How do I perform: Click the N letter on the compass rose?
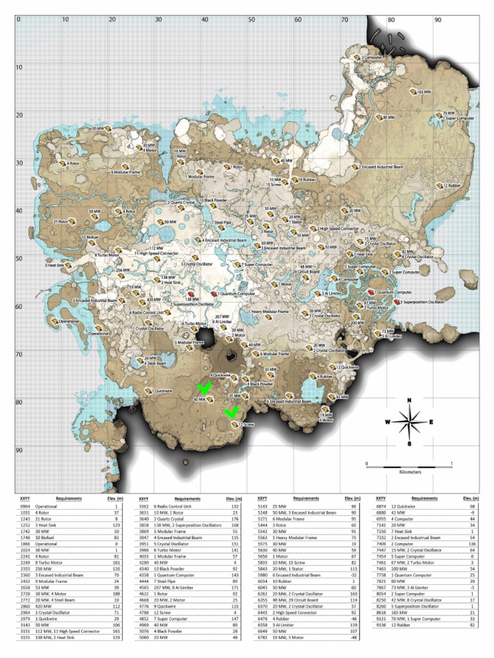409,402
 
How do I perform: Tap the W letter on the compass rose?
387,422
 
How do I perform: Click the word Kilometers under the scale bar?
409,472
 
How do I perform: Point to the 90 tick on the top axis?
437,19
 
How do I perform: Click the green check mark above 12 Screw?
230,413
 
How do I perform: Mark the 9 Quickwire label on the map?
221,375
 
